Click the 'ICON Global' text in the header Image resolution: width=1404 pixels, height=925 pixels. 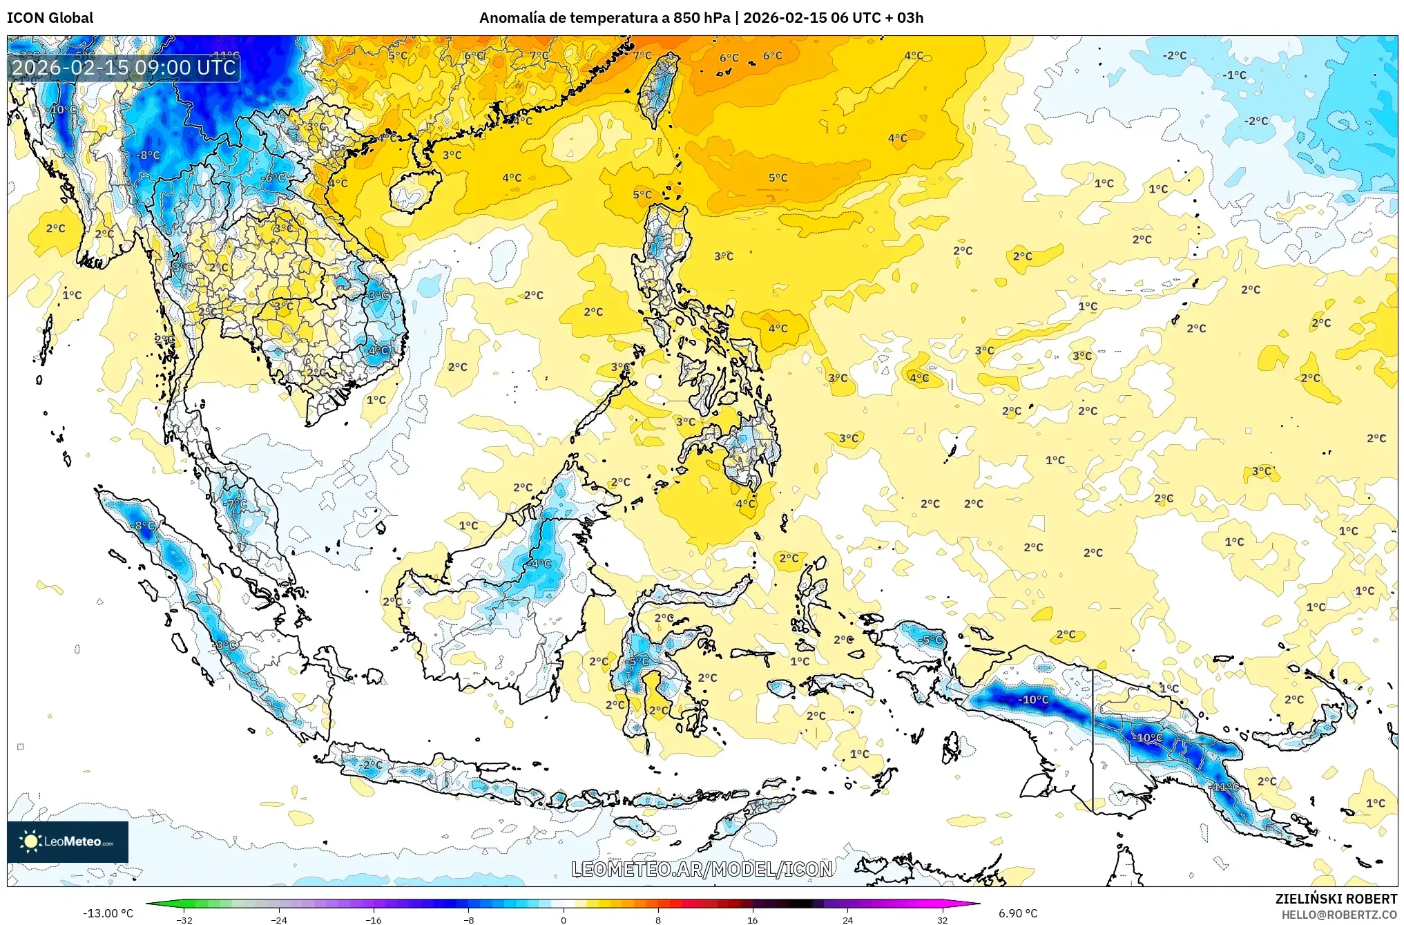50,18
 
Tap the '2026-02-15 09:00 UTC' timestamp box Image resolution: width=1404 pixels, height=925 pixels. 124,68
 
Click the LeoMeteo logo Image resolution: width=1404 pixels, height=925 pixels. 68,841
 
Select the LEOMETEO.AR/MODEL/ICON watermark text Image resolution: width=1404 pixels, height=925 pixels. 702,869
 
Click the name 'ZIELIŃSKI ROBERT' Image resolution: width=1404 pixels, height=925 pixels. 1336,899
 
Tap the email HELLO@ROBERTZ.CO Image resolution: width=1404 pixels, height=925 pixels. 1339,915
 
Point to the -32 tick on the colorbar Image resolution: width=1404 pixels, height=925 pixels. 184,920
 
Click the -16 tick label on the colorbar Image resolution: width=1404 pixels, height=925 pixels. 373,920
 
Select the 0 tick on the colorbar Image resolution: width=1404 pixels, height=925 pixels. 564,920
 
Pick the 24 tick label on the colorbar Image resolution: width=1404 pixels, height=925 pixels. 847,920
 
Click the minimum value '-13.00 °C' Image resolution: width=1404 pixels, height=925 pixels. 108,913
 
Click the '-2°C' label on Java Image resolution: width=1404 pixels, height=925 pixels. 371,765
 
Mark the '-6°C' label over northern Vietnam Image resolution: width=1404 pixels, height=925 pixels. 274,178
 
